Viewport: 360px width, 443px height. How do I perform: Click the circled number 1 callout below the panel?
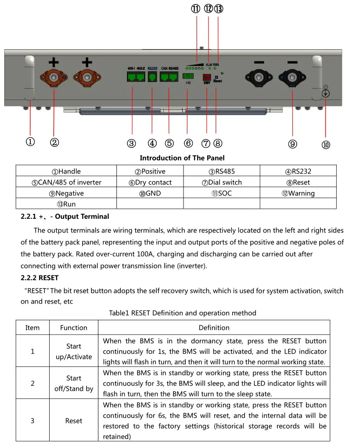[x=30, y=142]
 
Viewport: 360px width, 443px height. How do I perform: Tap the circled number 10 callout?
[x=325, y=145]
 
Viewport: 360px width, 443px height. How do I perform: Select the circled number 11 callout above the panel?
[x=195, y=10]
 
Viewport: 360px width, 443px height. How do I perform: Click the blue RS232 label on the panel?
[x=152, y=68]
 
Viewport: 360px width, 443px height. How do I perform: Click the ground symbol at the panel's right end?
[x=326, y=93]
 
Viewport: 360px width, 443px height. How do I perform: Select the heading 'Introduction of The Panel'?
[x=182, y=158]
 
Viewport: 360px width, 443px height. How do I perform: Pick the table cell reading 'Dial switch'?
[x=222, y=182]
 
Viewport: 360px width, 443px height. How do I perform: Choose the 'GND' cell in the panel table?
[x=150, y=193]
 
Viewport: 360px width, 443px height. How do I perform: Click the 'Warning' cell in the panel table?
[x=298, y=193]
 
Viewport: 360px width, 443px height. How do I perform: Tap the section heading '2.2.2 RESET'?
[x=40, y=278]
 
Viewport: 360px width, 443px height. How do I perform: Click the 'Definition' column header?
[x=214, y=328]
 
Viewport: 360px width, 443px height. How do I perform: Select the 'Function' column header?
[x=73, y=328]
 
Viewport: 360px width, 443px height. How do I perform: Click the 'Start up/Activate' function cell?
[x=73, y=351]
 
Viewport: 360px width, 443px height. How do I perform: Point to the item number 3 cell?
[x=32, y=421]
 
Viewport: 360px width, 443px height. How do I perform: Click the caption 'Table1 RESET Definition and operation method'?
[x=183, y=313]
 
